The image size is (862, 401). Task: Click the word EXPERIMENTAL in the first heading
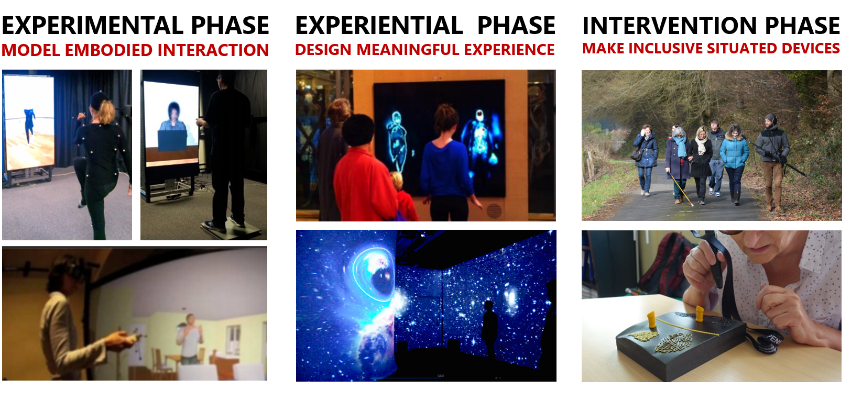coord(92,25)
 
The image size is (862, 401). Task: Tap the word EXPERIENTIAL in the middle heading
coord(379,25)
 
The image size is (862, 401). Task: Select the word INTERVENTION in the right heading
coord(670,25)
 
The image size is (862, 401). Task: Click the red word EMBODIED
coord(108,50)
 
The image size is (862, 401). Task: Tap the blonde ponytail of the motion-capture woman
coord(106,112)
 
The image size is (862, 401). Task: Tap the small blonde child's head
coord(396,181)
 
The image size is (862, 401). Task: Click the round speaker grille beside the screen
coord(494,210)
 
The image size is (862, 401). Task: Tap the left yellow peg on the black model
coord(651,320)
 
